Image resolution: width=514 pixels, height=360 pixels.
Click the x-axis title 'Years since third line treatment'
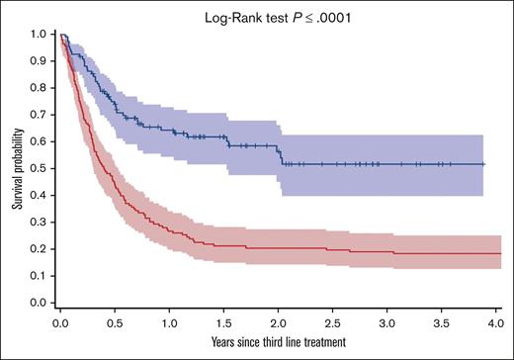[279, 341]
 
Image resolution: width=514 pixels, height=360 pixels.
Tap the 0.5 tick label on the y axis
[38, 168]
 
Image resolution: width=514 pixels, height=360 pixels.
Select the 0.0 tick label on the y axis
[38, 302]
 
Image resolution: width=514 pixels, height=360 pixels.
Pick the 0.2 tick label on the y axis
[38, 248]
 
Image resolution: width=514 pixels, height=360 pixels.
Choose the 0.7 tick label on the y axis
[38, 114]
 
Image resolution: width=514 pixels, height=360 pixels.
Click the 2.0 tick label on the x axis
[279, 322]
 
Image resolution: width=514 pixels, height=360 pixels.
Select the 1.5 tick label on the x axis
[224, 322]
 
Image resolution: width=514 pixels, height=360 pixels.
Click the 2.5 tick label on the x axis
[334, 322]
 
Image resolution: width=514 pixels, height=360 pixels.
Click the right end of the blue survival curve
[484, 164]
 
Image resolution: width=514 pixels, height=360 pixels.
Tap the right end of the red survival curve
[498, 253]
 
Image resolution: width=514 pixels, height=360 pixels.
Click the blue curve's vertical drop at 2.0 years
[281, 155]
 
